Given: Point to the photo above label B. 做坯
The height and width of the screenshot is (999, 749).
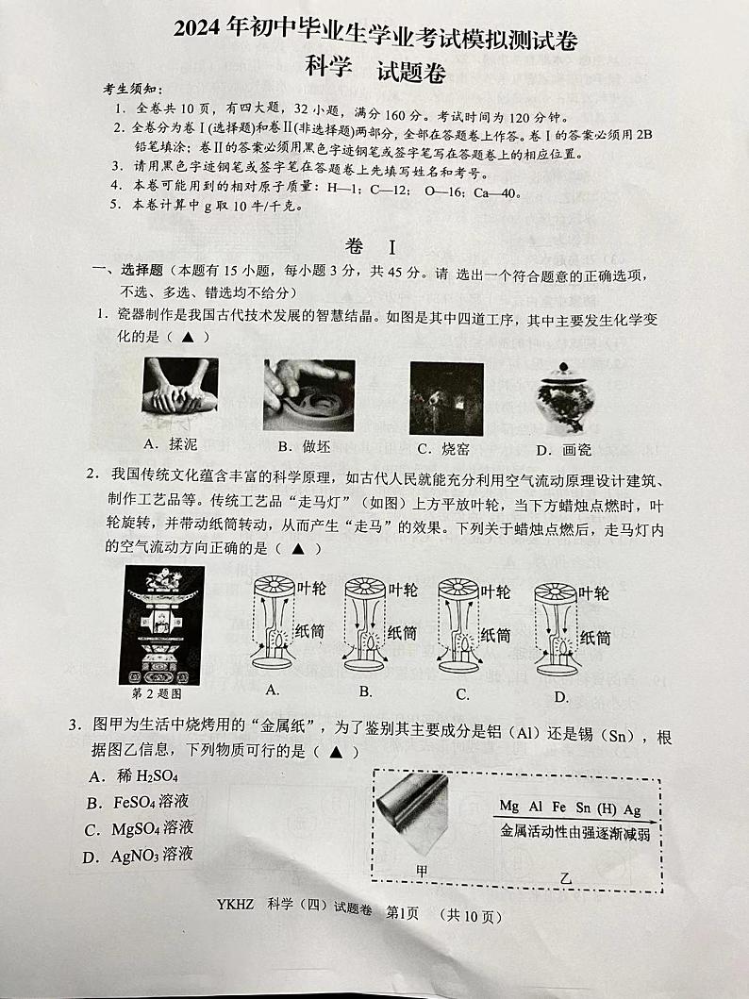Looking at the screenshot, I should tap(308, 394).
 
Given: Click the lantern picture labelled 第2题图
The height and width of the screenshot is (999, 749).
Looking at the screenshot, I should tap(161, 624).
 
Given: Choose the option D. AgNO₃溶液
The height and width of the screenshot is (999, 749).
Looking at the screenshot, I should tap(141, 856).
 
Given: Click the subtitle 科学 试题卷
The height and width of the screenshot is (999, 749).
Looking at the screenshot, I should tap(374, 70).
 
